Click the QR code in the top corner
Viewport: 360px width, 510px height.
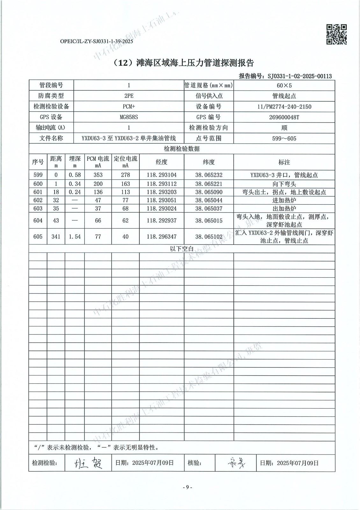click(x=337, y=34)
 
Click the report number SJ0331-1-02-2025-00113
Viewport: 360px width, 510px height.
click(x=299, y=76)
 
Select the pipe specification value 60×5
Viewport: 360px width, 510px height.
click(x=284, y=85)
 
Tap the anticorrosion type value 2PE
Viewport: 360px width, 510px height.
click(x=129, y=96)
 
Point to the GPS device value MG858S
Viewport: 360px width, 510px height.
click(x=129, y=117)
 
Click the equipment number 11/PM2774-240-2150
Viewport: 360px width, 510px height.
click(x=284, y=106)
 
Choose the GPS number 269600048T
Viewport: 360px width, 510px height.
click(x=284, y=117)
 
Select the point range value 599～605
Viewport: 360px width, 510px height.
click(x=284, y=138)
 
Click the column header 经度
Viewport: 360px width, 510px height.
click(x=162, y=162)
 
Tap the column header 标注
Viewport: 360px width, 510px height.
click(x=284, y=162)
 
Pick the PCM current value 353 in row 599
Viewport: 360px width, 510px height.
click(x=98, y=175)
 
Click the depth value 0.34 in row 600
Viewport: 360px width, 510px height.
click(x=75, y=184)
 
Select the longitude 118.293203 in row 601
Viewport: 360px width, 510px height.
click(x=162, y=192)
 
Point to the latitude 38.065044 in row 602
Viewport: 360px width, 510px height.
click(x=209, y=200)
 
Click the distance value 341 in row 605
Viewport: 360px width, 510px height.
click(x=56, y=237)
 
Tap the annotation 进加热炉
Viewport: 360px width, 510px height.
click(x=284, y=200)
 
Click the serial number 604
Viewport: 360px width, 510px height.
click(x=38, y=221)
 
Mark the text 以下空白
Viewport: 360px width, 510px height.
click(x=182, y=249)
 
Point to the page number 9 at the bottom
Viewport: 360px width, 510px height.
click(x=187, y=487)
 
